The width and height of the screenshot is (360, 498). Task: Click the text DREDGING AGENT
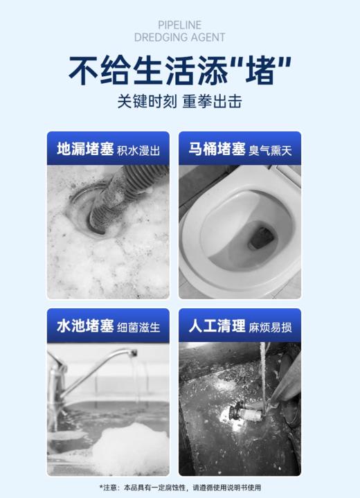179,37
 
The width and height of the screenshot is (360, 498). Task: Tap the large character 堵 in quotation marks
256,70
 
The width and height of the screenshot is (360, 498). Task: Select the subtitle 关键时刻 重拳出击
179,102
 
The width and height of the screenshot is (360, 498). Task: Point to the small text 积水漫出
138,150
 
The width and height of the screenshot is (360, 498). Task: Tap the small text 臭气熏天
271,150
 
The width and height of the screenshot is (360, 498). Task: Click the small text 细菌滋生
138,327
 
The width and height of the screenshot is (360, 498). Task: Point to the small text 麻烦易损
271,327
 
